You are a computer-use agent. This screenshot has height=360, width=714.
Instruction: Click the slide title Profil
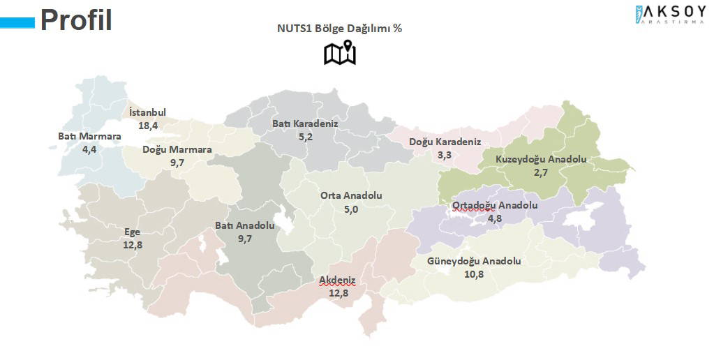[x=75, y=20]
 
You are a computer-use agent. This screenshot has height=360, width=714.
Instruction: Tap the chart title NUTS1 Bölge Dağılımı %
[x=340, y=29]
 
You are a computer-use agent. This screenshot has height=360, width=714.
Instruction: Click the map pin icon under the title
[x=340, y=54]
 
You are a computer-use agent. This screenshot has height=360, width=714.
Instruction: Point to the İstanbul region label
[x=148, y=114]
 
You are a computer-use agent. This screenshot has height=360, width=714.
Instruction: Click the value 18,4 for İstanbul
[x=148, y=126]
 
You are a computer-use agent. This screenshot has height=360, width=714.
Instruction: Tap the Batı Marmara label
[x=89, y=137]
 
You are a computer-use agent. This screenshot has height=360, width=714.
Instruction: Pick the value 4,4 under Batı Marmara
[x=89, y=149]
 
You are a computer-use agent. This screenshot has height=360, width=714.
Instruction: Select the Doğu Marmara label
[x=177, y=149]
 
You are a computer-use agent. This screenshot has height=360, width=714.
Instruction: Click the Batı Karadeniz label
[x=305, y=123]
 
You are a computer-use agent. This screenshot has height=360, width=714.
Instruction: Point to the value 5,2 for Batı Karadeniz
[x=305, y=137]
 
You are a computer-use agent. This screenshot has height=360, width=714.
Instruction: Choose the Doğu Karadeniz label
[x=445, y=142]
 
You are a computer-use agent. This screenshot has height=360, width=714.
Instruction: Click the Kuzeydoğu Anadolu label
[x=541, y=159]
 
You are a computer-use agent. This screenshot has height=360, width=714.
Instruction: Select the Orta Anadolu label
[x=351, y=196]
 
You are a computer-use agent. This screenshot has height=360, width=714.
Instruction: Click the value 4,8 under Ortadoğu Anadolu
[x=495, y=218]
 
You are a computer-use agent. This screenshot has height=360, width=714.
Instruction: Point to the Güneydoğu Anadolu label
[x=475, y=262]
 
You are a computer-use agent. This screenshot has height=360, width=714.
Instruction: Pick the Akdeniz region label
[x=338, y=280]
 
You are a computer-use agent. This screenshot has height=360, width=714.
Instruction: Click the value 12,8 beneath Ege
[x=133, y=245]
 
